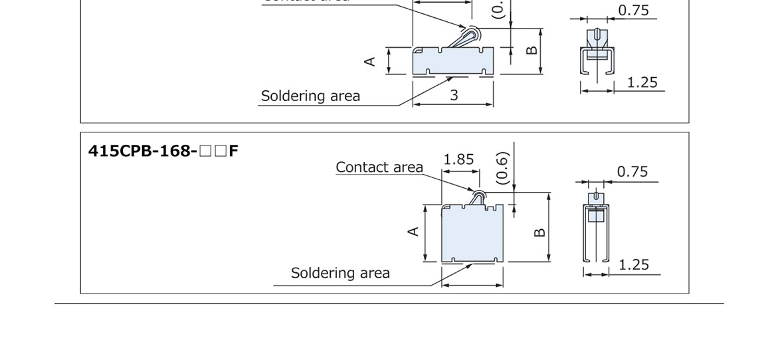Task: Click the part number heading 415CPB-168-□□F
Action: click(x=163, y=151)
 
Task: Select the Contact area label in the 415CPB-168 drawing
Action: click(x=379, y=167)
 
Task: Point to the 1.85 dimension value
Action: click(x=458, y=159)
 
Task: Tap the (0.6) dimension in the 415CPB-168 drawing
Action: click(x=503, y=167)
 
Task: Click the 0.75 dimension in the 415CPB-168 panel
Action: click(x=632, y=171)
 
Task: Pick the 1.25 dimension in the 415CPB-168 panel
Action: click(x=633, y=265)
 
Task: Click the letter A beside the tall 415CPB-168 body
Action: click(x=413, y=231)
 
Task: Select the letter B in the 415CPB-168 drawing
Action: click(x=539, y=232)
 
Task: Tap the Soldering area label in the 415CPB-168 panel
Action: click(x=340, y=273)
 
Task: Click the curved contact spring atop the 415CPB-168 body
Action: click(x=477, y=198)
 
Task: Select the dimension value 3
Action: click(x=454, y=96)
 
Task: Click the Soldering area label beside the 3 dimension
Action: click(x=310, y=96)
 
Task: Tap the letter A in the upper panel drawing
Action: click(x=370, y=61)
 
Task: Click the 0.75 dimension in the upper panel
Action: click(x=633, y=11)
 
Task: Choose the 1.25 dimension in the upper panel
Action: click(x=642, y=82)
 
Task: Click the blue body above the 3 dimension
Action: click(x=452, y=62)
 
